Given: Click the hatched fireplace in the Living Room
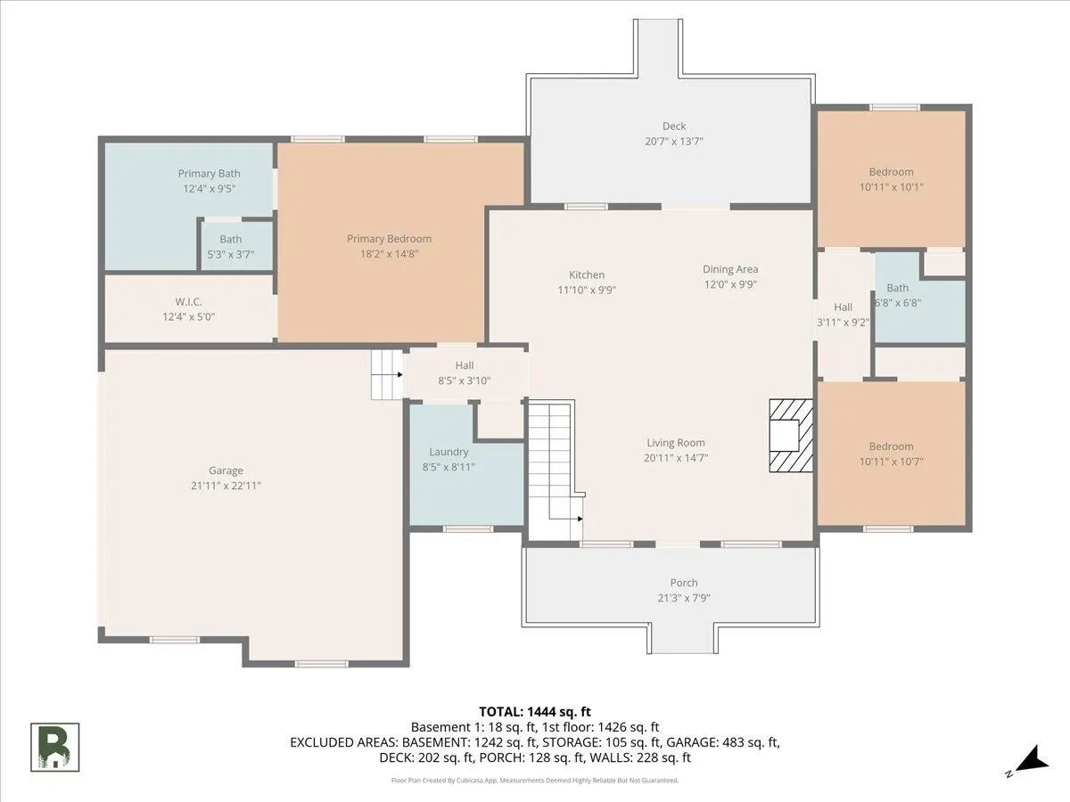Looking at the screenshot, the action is pos(791,436).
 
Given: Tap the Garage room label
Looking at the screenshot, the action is pos(226,471).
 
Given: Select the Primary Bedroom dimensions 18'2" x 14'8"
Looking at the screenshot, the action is pos(389,254).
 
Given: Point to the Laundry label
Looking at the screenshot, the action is pos(449,452).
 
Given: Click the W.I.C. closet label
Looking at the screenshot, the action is pos(189,301).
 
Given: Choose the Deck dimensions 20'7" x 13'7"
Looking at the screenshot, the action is pos(674,141).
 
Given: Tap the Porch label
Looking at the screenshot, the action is pos(683,583).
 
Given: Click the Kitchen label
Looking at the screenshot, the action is pos(587,274).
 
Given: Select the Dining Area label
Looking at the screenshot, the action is pos(729,269).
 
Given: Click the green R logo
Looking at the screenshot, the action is pos(54,747).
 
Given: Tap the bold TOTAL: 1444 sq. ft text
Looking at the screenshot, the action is pos(535,712).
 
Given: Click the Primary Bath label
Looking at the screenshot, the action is pos(209,174).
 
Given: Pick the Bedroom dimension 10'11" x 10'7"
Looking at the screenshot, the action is pos(891,461).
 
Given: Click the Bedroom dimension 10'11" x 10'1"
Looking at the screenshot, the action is pos(891,187).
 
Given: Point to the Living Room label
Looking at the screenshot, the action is pos(676,443).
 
